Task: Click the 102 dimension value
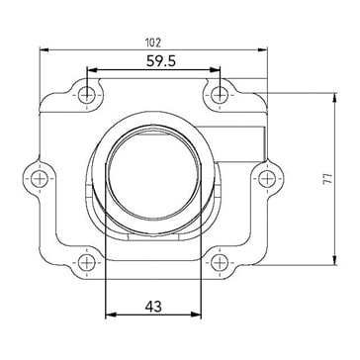(153, 43)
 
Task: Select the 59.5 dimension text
(161, 61)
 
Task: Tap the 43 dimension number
(153, 307)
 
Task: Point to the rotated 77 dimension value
(327, 179)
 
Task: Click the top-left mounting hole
(87, 95)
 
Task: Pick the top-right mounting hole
(220, 95)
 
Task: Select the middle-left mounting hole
(39, 179)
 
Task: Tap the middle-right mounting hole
(267, 179)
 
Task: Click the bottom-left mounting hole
(87, 263)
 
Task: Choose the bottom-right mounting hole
(220, 263)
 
